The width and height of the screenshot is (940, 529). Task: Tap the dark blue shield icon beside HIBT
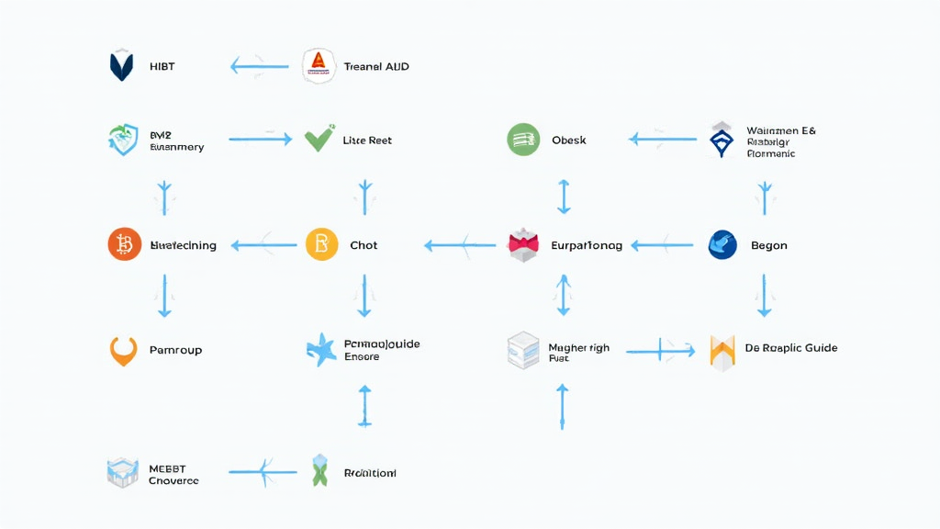pyautogui.click(x=121, y=66)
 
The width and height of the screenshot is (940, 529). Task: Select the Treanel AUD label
pyautogui.click(x=376, y=66)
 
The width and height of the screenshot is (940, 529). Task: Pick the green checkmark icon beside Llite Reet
pyautogui.click(x=319, y=140)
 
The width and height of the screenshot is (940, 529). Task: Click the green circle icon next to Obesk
pyautogui.click(x=522, y=140)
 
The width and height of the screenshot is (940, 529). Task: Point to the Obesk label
pyautogui.click(x=569, y=140)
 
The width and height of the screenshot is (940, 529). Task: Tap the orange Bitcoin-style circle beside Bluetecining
pyautogui.click(x=125, y=245)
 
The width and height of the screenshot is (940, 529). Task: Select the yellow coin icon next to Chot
pyautogui.click(x=321, y=245)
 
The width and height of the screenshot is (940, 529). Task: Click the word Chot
pyautogui.click(x=364, y=245)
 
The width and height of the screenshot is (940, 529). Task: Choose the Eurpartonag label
pyautogui.click(x=586, y=245)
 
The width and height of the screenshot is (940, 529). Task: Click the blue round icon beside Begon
pyautogui.click(x=723, y=245)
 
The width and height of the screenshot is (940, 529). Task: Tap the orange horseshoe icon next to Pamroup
pyautogui.click(x=123, y=350)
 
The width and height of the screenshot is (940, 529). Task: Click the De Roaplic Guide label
pyautogui.click(x=790, y=348)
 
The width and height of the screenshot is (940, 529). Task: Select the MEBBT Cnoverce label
pyautogui.click(x=173, y=474)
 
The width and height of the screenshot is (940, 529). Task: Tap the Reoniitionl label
pyautogui.click(x=370, y=473)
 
